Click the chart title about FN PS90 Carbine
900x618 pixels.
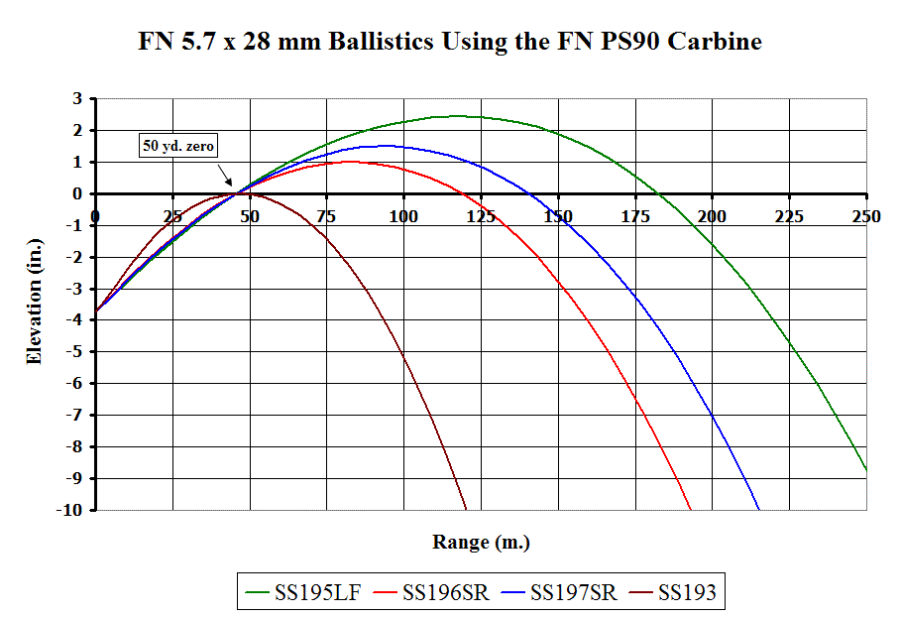pyautogui.click(x=450, y=43)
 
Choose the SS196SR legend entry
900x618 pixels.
pyautogui.click(x=443, y=593)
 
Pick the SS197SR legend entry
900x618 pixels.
pyautogui.click(x=572, y=593)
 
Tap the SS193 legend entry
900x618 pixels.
pyautogui.click(x=685, y=593)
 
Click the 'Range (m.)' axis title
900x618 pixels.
pyautogui.click(x=481, y=543)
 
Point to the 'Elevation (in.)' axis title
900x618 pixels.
pyautogui.click(x=35, y=307)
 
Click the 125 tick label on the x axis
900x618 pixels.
pyautogui.click(x=481, y=216)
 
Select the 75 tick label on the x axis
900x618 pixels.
pyautogui.click(x=326, y=216)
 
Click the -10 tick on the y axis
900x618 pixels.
pyautogui.click(x=69, y=510)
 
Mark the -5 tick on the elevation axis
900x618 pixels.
pyautogui.click(x=73, y=352)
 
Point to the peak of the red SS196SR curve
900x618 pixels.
pyautogui.click(x=349, y=162)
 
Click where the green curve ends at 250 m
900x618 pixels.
pyautogui.click(x=866, y=469)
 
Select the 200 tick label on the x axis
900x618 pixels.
pyautogui.click(x=712, y=216)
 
